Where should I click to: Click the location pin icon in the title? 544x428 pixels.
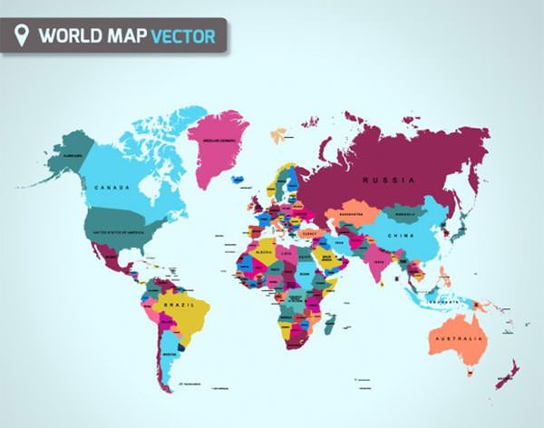(x=23, y=36)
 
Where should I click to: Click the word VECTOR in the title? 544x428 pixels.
(x=183, y=37)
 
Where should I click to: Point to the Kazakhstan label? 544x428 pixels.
(x=350, y=216)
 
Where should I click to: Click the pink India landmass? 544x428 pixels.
(x=375, y=263)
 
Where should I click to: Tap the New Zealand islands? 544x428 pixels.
(x=508, y=372)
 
